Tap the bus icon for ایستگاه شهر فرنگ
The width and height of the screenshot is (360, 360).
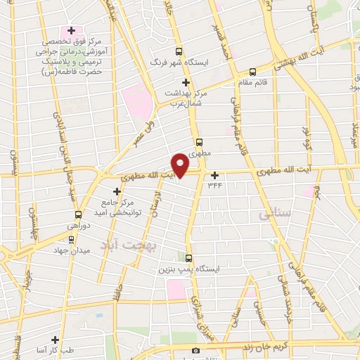pyautogui.click(x=179, y=51)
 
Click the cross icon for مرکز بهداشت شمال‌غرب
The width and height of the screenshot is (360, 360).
pyautogui.click(x=186, y=82)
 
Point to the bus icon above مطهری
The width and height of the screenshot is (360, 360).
pyautogui.click(x=199, y=141)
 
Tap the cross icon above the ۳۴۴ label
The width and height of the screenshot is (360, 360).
pyautogui.click(x=214, y=175)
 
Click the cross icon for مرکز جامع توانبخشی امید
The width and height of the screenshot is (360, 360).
pyautogui.click(x=117, y=191)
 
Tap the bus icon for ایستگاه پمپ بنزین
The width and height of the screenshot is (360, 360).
pyautogui.click(x=188, y=258)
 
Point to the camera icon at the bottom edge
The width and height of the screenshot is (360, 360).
pyautogui.click(x=196, y=350)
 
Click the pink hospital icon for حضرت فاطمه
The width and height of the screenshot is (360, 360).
pyautogui.click(x=71, y=31)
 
